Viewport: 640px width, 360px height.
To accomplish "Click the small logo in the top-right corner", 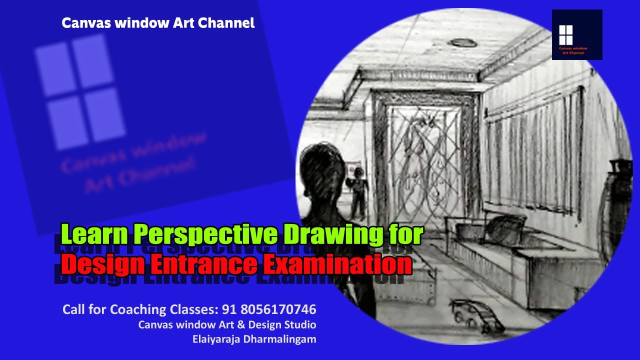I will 577,34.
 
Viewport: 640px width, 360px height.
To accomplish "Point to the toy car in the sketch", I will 476,315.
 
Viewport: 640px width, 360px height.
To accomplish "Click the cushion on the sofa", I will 506,227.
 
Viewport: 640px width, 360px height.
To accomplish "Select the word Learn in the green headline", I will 94,234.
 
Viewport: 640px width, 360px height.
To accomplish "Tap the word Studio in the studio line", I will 301,324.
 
